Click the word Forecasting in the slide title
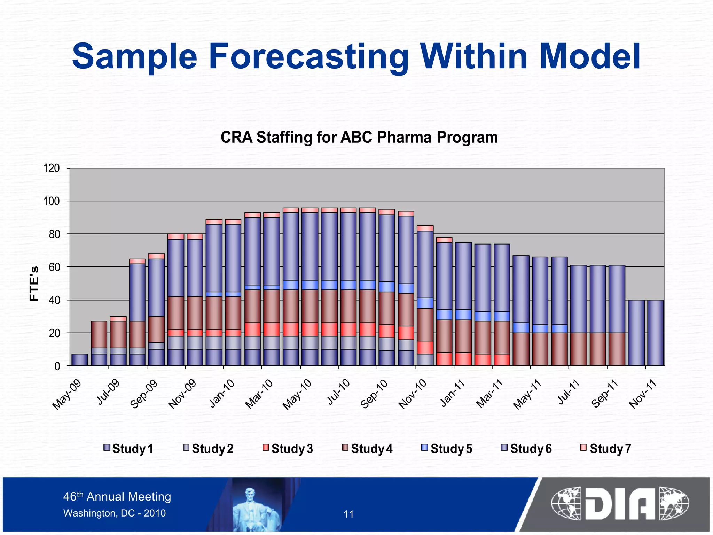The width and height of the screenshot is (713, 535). coord(308,57)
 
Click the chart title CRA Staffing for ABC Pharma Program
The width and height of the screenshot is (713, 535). coord(359,137)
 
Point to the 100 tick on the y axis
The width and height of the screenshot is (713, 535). coord(51,201)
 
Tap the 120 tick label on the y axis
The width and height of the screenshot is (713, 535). coord(51,169)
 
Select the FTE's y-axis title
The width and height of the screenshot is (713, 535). coord(34,284)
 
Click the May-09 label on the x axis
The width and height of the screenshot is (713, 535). coord(67,395)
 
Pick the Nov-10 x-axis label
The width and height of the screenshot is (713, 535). coord(412,395)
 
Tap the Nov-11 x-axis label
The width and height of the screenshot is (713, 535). coord(643,395)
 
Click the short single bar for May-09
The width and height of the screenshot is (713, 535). coord(79,360)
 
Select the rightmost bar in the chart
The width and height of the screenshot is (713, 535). coord(655,333)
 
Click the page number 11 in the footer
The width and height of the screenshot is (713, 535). coord(348,514)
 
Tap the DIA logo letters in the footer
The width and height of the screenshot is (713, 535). coord(620,504)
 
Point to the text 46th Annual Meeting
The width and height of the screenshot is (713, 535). coord(117,497)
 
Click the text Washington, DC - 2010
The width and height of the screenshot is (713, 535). coord(115,513)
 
